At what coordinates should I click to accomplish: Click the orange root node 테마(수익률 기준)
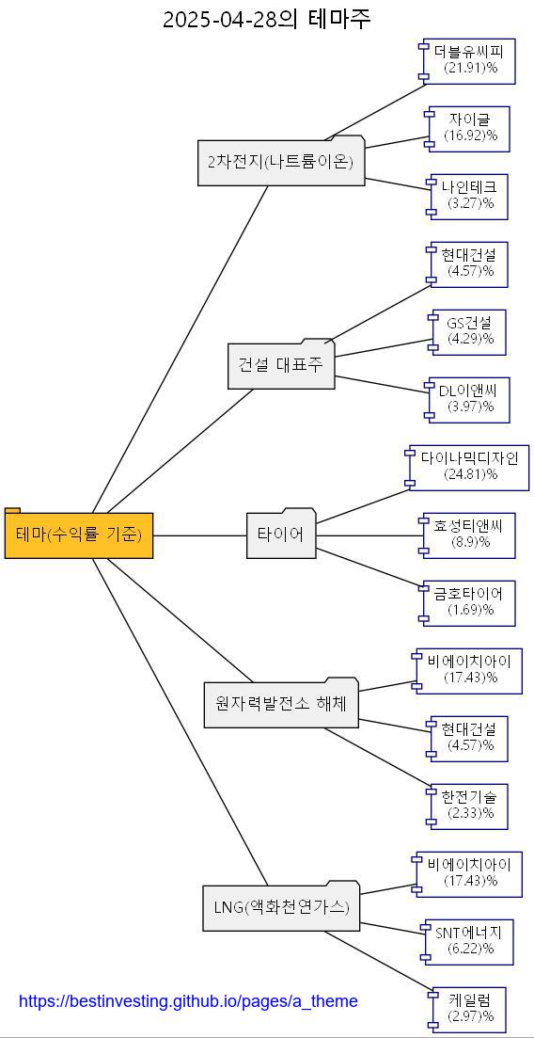(x=79, y=535)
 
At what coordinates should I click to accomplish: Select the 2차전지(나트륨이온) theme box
(x=281, y=162)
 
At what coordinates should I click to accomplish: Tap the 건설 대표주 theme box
(x=281, y=365)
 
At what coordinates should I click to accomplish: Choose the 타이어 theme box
(x=281, y=535)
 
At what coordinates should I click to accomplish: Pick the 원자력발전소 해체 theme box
(x=281, y=704)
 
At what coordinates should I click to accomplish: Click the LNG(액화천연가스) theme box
(x=281, y=908)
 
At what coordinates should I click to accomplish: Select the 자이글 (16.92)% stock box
(x=470, y=128)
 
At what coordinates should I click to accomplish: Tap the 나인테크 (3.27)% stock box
(x=470, y=196)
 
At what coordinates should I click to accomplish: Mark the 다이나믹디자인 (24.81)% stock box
(x=469, y=467)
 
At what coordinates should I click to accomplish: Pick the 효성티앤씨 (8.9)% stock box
(x=469, y=535)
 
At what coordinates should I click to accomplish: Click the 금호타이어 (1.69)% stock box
(x=469, y=602)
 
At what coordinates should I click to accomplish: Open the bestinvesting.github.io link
(x=188, y=1001)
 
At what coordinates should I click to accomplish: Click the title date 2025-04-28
(x=221, y=20)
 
